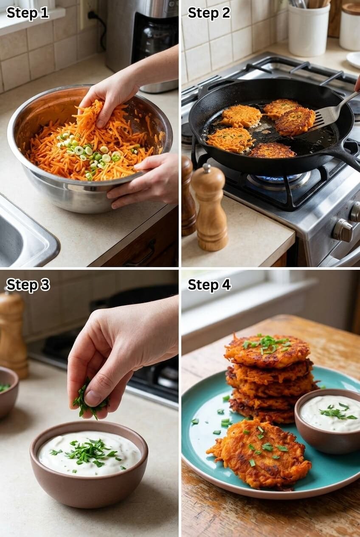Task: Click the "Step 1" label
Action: point(28,13)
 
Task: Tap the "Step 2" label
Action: point(209,13)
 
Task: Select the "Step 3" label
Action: point(28,285)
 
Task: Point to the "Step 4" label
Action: point(209,285)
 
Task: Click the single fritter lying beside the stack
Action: point(259,453)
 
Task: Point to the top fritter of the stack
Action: point(267,350)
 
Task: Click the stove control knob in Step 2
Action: point(342,231)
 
